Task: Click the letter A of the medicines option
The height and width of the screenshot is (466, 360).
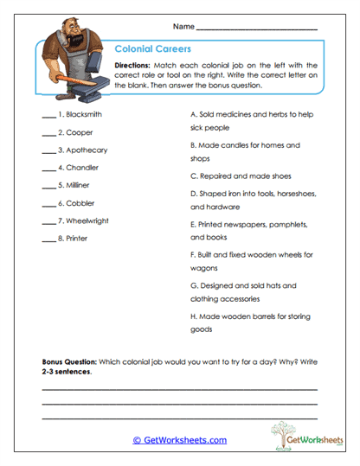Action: (192, 114)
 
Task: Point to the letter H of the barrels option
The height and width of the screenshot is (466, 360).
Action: (192, 316)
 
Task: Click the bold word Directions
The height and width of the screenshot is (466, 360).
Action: (132, 66)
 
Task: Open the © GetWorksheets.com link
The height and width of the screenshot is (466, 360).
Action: (180, 439)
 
